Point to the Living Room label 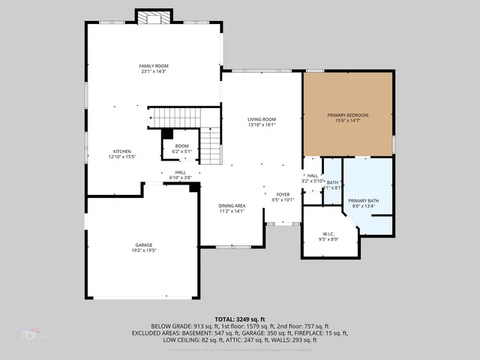click(x=262, y=119)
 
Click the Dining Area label click(x=232, y=205)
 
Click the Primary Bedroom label click(x=347, y=115)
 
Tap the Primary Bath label click(x=363, y=201)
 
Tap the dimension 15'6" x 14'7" click(x=347, y=121)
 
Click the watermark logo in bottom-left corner click(x=31, y=334)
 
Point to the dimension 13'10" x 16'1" click(x=262, y=125)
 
